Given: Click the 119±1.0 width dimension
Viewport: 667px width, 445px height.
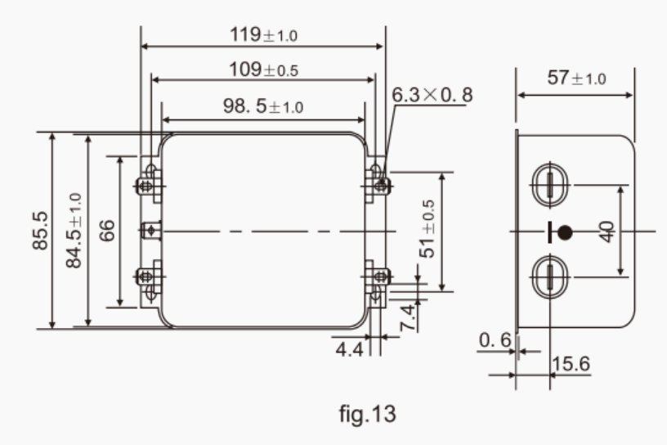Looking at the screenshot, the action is pos(263,35).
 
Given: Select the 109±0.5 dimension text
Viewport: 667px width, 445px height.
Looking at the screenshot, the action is pos(264,70).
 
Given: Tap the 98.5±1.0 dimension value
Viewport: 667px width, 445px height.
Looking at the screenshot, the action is pos(263,106).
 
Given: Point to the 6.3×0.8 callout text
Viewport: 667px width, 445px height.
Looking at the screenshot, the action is pos(432,95).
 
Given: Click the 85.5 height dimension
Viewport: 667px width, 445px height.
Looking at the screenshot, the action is pos(40,231).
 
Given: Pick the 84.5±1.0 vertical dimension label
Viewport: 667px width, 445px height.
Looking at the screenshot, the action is pos(74,231).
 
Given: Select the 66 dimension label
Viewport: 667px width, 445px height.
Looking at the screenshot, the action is pos(107,231).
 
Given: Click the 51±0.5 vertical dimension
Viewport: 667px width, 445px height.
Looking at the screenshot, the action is pos(428,229).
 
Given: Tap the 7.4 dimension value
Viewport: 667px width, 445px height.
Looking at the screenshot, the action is pos(409,317).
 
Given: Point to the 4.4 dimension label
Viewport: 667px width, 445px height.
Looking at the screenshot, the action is pos(349,350).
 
